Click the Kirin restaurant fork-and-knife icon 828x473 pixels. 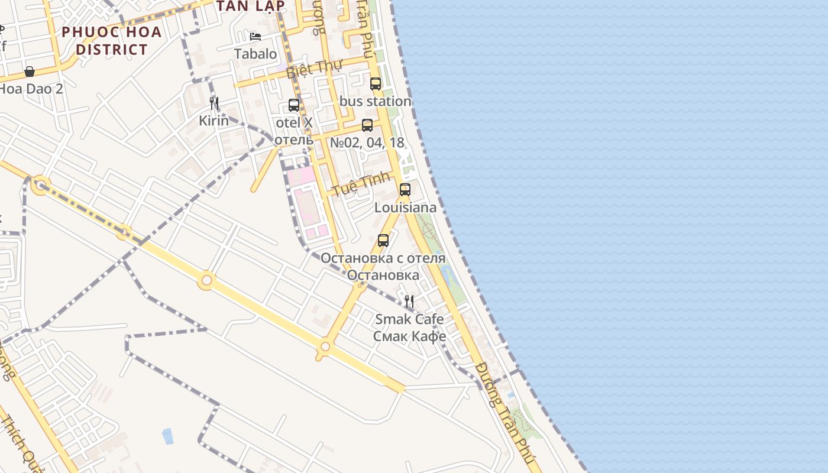point(214,103)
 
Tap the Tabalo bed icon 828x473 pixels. point(255,37)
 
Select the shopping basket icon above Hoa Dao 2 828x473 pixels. point(30,72)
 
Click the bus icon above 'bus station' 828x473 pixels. point(376,84)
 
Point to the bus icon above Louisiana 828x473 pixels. point(405,190)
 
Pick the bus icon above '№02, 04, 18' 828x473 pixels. point(367,125)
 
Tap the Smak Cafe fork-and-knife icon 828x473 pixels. point(409,302)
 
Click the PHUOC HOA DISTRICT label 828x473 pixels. point(111,40)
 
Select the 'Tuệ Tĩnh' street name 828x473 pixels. point(361,184)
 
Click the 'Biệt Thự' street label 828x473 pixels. point(315,69)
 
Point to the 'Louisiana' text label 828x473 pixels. point(406,208)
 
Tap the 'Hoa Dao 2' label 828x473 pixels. point(31,89)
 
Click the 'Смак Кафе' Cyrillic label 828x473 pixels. point(409,336)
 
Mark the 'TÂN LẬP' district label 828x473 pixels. point(251,6)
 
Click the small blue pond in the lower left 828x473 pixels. point(168,436)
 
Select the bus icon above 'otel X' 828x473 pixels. point(294,105)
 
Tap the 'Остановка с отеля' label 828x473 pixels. point(383,258)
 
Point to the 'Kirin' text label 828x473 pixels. point(214,121)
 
